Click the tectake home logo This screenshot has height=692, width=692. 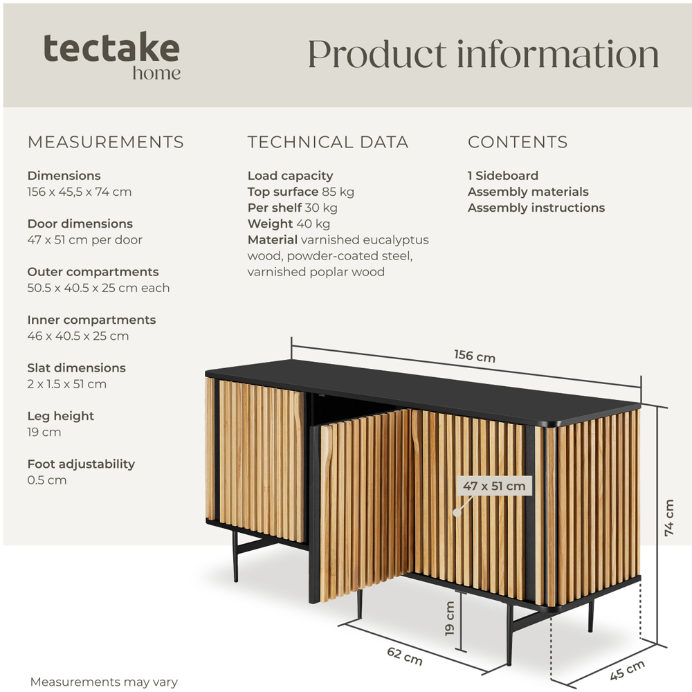(x=112, y=55)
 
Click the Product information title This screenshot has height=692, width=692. (x=483, y=54)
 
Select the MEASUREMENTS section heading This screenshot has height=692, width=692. (x=105, y=143)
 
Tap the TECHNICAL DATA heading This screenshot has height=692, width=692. (x=328, y=143)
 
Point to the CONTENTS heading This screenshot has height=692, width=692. (x=518, y=143)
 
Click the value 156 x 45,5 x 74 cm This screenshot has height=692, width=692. (x=80, y=192)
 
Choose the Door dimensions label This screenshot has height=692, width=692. (x=80, y=224)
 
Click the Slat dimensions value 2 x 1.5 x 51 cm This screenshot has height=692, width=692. (x=67, y=384)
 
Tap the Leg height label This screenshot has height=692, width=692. (x=61, y=416)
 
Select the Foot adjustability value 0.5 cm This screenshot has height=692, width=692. (x=47, y=480)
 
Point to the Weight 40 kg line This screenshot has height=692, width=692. (x=289, y=224)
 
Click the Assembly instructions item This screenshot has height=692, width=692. (x=536, y=208)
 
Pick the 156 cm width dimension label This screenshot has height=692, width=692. (x=475, y=356)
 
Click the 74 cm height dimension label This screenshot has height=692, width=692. (x=669, y=518)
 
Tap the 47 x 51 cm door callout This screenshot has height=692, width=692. (x=494, y=486)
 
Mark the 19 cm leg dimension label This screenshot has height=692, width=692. (x=450, y=618)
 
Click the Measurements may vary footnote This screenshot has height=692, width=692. (x=104, y=682)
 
